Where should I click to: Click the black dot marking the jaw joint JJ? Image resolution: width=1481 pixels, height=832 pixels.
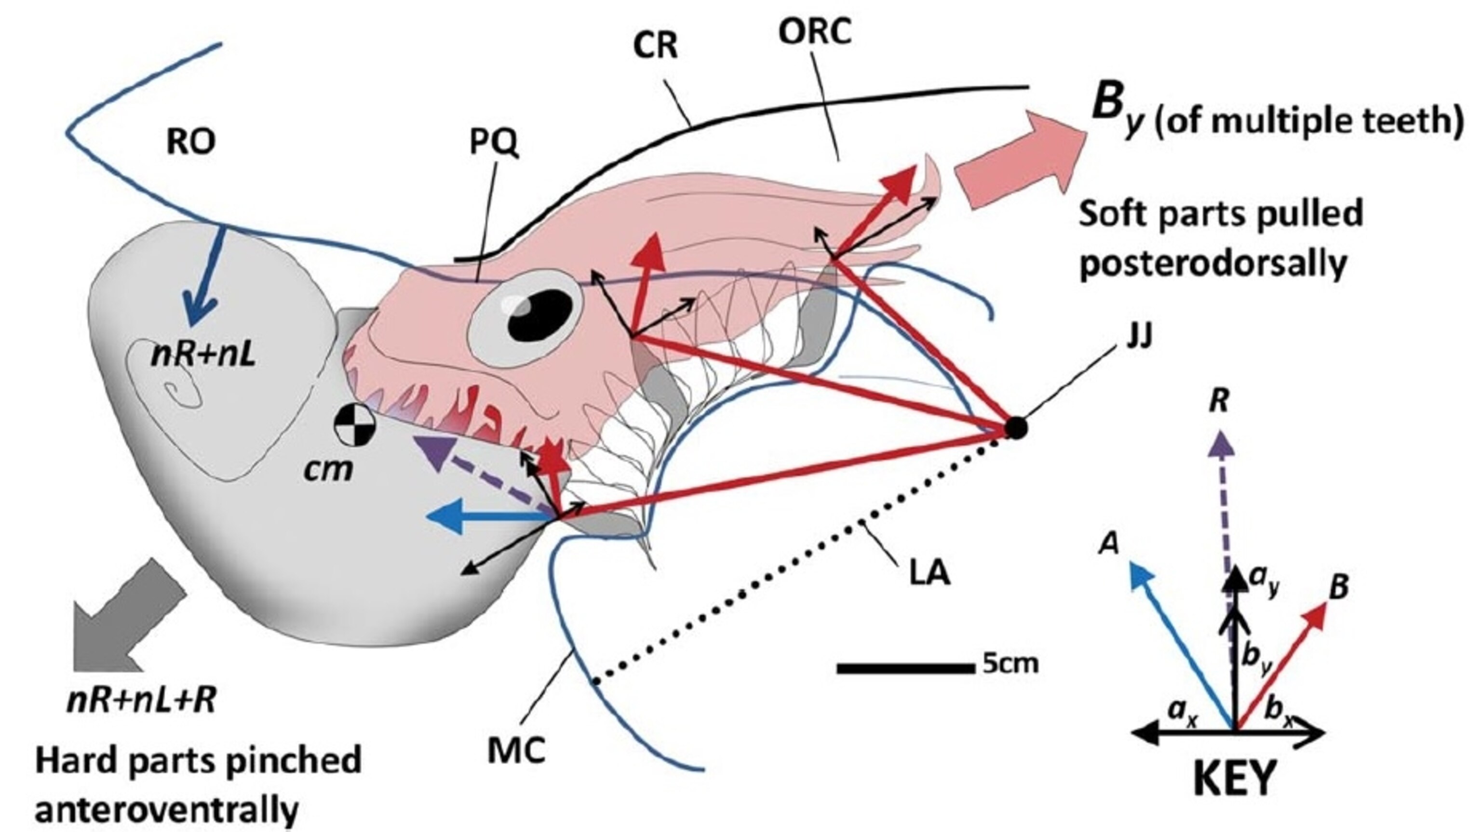click(1015, 428)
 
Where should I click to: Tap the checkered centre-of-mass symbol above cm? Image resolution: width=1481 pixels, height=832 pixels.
click(355, 425)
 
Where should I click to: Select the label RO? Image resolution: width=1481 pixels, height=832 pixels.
click(191, 142)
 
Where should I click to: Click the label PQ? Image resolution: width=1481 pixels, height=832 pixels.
click(494, 143)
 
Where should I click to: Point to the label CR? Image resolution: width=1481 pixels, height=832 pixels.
click(656, 46)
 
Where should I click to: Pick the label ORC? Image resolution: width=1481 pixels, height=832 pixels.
click(814, 32)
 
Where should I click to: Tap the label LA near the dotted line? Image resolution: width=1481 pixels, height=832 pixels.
click(929, 573)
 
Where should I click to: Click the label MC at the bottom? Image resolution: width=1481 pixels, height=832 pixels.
click(516, 751)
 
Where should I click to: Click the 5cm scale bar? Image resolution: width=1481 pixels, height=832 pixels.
click(902, 668)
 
